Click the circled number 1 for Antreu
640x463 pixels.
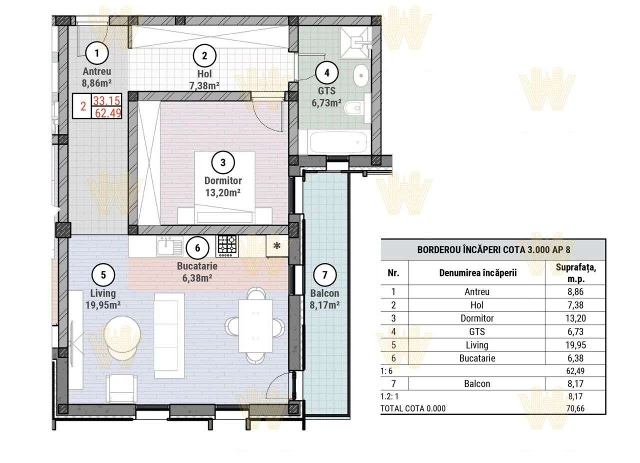pos(97,52)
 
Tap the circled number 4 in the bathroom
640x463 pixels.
pos(326,72)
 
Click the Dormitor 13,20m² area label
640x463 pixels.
pos(223,185)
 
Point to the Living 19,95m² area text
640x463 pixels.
pos(103,299)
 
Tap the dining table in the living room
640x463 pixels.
pos(255,325)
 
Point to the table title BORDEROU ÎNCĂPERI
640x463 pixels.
pos(493,250)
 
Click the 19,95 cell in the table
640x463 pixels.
pos(575,345)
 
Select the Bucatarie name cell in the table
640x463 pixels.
pos(476,358)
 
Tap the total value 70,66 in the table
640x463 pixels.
pos(575,408)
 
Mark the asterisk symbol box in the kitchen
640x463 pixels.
pos(276,246)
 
